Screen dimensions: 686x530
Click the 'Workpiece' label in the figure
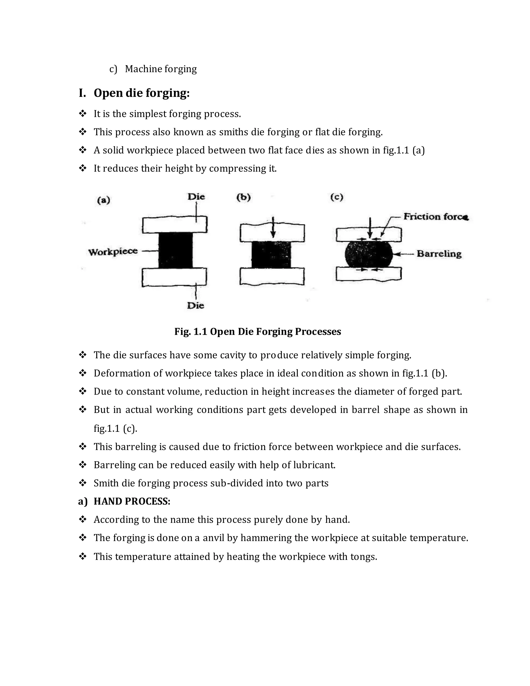pyautogui.click(x=113, y=252)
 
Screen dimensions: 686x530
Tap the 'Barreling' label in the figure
pyautogui.click(x=439, y=254)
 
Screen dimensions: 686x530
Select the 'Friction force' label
pyautogui.click(x=436, y=217)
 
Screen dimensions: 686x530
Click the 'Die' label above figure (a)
pyautogui.click(x=196, y=197)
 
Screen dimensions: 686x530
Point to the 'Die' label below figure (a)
pyautogui.click(x=196, y=305)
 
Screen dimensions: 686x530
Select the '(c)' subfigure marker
pyautogui.click(x=337, y=197)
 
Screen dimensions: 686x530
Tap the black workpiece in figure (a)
pyautogui.click(x=175, y=250)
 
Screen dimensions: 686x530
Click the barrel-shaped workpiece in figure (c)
pyautogui.click(x=369, y=254)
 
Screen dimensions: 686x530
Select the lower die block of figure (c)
pyautogui.click(x=369, y=274)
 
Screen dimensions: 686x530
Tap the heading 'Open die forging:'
pyautogui.click(x=142, y=93)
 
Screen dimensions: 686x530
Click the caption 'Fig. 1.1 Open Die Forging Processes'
pyautogui.click(x=257, y=332)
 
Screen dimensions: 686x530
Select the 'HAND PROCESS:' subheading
pyautogui.click(x=132, y=501)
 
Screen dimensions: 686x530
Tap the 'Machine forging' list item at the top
pyautogui.click(x=161, y=69)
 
